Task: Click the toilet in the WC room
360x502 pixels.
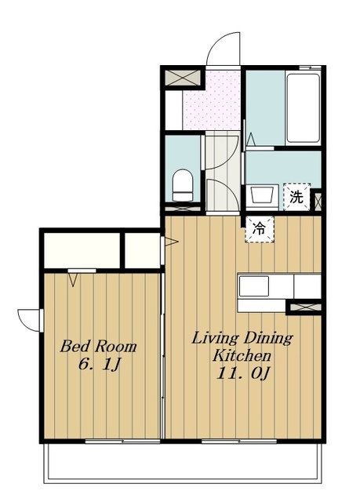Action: point(183,185)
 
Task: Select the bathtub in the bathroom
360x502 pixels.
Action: point(303,108)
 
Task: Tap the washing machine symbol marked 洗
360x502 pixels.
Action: point(296,197)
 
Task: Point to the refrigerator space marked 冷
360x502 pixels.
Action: point(260,229)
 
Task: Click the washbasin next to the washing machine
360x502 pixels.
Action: point(263,195)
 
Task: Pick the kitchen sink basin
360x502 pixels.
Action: point(254,286)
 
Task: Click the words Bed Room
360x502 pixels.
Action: point(98,347)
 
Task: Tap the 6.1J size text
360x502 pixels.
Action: point(99,364)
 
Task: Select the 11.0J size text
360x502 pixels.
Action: point(243,373)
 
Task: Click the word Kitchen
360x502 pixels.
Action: point(242,355)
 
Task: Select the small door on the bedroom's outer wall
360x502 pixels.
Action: point(31,320)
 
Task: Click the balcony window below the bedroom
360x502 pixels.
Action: point(122,442)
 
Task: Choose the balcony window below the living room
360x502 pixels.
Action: point(239,442)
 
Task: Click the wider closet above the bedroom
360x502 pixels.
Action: point(82,250)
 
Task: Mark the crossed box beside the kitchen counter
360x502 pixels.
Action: point(304,307)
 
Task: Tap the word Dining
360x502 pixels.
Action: point(268,338)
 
